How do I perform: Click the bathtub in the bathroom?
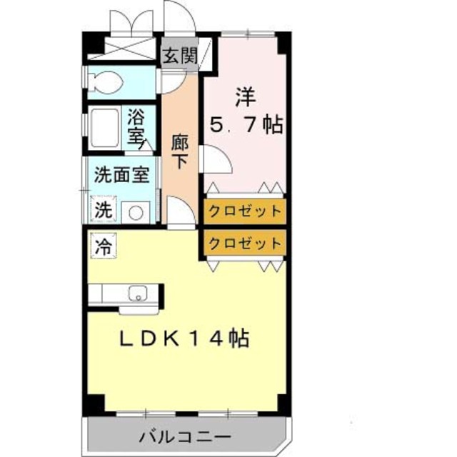(x=106, y=129)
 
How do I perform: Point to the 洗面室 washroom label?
(x=122, y=176)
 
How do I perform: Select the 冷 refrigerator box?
(x=104, y=247)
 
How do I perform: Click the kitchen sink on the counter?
(x=136, y=293)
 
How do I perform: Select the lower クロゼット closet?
(x=245, y=243)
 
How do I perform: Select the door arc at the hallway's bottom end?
(x=180, y=212)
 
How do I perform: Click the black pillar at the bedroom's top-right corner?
(x=283, y=43)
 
